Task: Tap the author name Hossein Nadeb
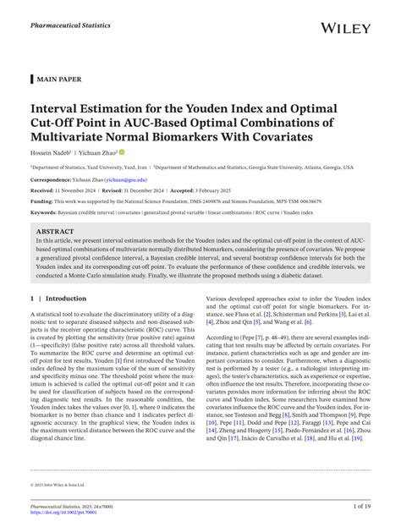(53, 152)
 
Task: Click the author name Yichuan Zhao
(99, 152)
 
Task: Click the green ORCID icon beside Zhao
(122, 152)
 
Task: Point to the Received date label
(46, 191)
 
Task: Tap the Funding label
(44, 203)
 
